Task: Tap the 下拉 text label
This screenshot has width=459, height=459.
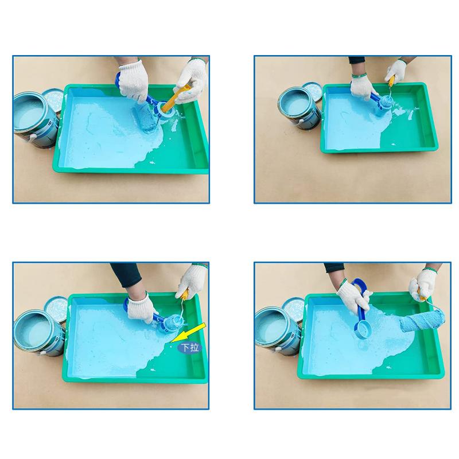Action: click(x=189, y=347)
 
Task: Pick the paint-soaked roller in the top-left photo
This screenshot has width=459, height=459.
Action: click(x=147, y=118)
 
